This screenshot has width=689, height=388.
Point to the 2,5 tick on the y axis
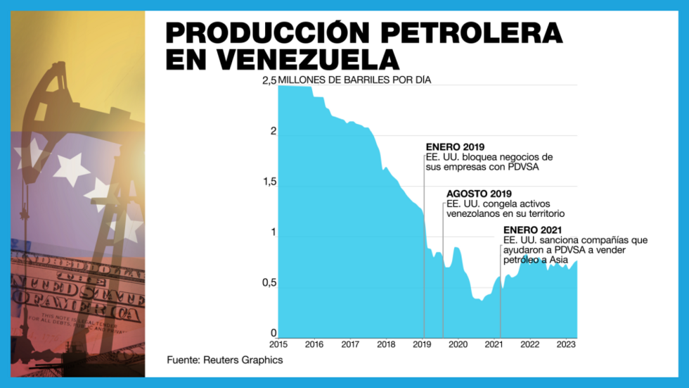[x=269, y=81]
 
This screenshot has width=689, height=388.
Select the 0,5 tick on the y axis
[x=269, y=284]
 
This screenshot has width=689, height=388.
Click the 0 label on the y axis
[x=274, y=334]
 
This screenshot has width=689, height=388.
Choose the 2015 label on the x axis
[x=278, y=345]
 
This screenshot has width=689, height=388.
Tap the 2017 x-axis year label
[x=349, y=345]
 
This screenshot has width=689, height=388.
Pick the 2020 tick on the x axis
[x=458, y=345]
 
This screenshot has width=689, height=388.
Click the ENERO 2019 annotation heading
[x=455, y=146]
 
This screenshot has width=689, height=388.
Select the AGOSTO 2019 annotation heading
[x=479, y=194]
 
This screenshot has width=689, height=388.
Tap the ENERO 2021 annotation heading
[x=534, y=230]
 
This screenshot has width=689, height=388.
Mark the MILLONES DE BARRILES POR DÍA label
[x=354, y=80]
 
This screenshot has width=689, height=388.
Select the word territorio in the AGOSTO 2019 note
[x=542, y=213]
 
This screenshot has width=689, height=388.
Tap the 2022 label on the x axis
[x=529, y=345]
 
